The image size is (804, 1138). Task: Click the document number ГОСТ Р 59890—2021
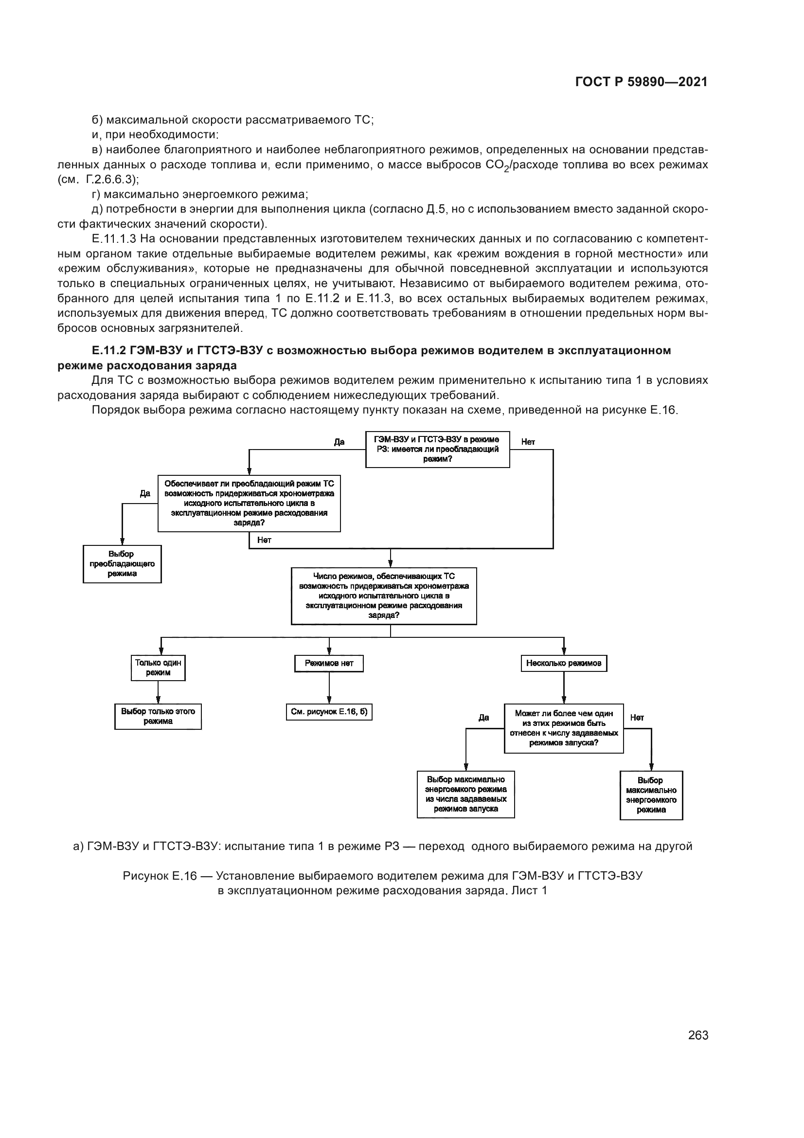pos(641,82)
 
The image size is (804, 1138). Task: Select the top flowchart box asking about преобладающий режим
pos(437,449)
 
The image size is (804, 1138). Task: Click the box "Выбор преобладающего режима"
pos(122,564)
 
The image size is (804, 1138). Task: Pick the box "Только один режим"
pos(158,668)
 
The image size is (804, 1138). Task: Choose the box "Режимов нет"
pos(329,663)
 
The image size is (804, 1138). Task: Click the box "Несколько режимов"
pos(564,663)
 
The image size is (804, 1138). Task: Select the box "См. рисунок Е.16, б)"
pos(329,712)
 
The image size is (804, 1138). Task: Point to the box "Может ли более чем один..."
pos(564,728)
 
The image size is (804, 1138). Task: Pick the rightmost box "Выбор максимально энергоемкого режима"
pos(651,795)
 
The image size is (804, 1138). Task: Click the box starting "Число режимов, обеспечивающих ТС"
pos(384,596)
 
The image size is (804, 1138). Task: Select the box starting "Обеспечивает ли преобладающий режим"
pos(249,503)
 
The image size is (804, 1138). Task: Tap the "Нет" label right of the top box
pos(528,442)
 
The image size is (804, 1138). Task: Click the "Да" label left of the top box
pos(339,442)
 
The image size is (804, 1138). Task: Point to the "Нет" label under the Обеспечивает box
pos(264,540)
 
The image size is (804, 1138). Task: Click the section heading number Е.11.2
pos(109,350)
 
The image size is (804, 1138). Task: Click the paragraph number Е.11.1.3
pos(114,239)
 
